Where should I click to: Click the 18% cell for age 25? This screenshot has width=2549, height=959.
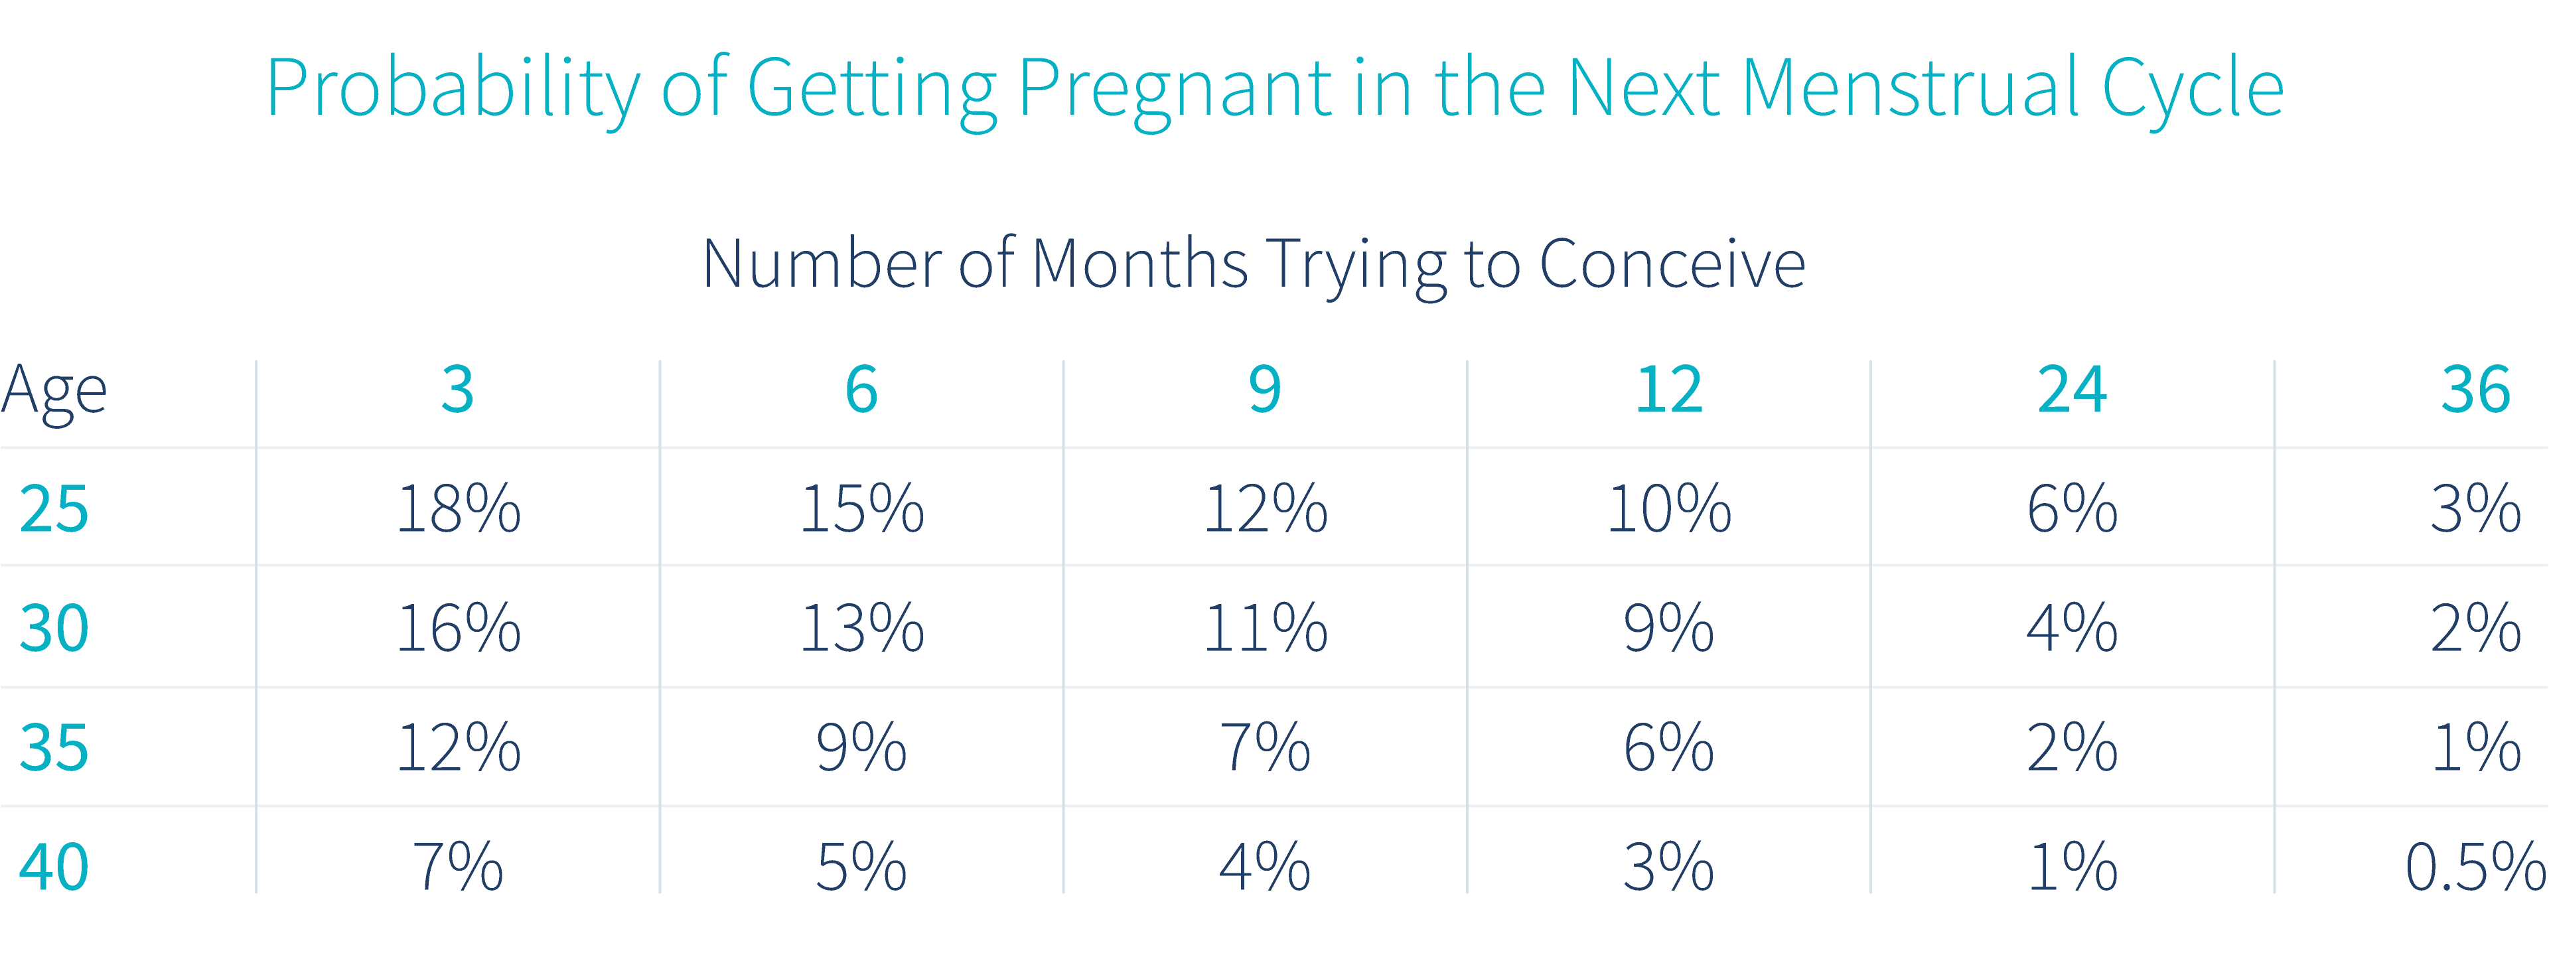(x=458, y=508)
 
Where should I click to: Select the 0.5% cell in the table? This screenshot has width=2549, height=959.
(x=2475, y=867)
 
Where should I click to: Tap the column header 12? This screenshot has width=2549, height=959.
(x=1668, y=389)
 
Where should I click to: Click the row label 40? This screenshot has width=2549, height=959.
(x=54, y=867)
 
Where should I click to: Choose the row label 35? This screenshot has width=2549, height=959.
(x=54, y=747)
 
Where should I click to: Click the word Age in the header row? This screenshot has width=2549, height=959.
(x=54, y=391)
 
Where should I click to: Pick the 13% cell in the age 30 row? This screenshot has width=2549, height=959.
(x=861, y=628)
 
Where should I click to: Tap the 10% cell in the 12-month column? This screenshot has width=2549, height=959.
(x=1668, y=508)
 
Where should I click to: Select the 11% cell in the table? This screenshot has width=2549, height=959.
(x=1265, y=628)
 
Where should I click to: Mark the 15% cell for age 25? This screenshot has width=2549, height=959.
(x=861, y=508)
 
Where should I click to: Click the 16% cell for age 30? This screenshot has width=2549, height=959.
(x=458, y=628)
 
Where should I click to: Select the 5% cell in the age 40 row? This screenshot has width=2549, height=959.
(x=861, y=867)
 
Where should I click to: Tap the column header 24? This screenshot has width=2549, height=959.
(x=2072, y=389)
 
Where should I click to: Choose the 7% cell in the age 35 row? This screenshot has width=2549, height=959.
(x=1265, y=747)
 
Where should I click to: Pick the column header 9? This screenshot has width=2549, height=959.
(x=1265, y=389)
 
